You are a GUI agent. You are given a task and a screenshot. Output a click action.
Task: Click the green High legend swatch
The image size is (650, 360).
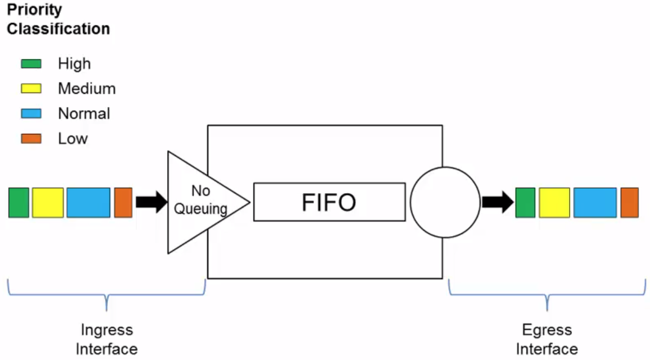click(x=31, y=64)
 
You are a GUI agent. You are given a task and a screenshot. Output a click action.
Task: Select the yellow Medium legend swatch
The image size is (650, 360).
click(x=31, y=89)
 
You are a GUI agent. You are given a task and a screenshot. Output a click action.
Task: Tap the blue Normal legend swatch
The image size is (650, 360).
click(x=31, y=113)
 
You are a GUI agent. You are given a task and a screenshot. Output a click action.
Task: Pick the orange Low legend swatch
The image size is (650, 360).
click(x=31, y=139)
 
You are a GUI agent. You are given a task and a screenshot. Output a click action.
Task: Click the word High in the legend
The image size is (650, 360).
click(x=74, y=64)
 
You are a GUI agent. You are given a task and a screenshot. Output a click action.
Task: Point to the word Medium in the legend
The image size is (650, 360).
click(x=87, y=89)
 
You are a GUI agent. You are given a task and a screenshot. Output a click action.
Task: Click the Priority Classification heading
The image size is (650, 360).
click(x=58, y=19)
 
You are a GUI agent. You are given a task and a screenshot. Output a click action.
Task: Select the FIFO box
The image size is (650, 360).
click(x=329, y=202)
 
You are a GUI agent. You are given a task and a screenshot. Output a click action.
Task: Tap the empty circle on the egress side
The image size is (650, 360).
click(x=445, y=202)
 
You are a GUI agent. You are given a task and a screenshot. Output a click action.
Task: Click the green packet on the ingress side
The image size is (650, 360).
click(x=19, y=203)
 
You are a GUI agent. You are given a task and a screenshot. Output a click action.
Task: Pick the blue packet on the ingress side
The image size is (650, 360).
click(x=88, y=203)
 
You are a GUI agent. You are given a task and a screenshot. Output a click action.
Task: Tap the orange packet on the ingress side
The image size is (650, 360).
click(x=123, y=203)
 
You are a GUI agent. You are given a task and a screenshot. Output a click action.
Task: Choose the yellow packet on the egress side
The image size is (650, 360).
click(x=554, y=203)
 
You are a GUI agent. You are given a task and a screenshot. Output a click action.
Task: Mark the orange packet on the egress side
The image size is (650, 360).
click(x=630, y=203)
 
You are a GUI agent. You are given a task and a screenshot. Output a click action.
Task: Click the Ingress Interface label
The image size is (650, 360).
click(x=106, y=339)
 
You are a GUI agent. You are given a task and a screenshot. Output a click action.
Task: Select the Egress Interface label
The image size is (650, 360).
click(x=547, y=339)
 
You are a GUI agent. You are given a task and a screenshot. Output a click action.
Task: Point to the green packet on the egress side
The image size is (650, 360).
click(x=525, y=203)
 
